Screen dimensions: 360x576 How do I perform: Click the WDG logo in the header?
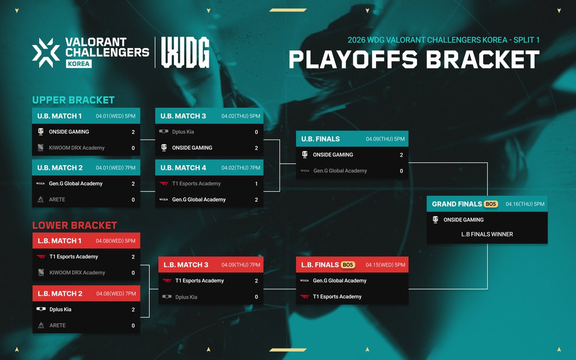[x=185, y=52]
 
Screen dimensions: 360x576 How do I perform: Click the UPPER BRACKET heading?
[x=73, y=100]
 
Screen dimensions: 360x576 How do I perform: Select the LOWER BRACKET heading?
[x=74, y=225]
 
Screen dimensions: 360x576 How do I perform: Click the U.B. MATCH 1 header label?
[x=60, y=116]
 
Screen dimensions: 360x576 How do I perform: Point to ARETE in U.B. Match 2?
[x=57, y=200]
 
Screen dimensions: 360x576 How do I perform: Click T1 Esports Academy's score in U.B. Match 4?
[x=256, y=183]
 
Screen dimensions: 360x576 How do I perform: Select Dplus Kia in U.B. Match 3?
[x=183, y=132]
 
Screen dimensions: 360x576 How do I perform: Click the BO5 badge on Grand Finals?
[x=491, y=204]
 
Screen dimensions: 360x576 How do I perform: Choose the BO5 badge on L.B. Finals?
[x=348, y=264]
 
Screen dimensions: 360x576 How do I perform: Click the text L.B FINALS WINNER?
[x=487, y=234]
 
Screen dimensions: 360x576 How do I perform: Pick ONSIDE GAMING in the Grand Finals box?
[x=463, y=220]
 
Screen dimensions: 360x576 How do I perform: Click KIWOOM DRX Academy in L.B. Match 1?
[x=77, y=273]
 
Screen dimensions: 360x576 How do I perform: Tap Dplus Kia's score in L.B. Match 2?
[x=133, y=310]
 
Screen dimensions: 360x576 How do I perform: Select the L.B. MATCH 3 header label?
[x=186, y=265]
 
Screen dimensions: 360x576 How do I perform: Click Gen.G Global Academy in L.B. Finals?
[x=339, y=281]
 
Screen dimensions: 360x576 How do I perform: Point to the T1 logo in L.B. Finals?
[x=304, y=297]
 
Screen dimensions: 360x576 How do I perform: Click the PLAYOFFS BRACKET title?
[x=414, y=60]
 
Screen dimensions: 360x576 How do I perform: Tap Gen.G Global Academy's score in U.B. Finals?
[x=401, y=171]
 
